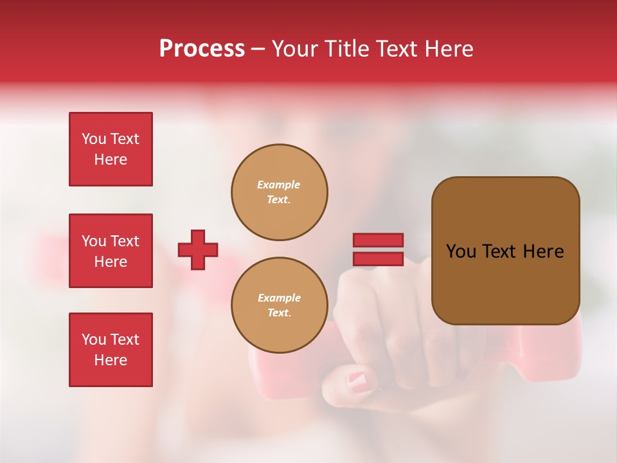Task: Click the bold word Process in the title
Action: pos(202,49)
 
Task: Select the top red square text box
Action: pos(111,149)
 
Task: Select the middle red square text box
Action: pos(111,251)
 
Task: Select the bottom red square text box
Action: pos(111,350)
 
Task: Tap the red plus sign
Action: pos(198,250)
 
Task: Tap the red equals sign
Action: pos(378,250)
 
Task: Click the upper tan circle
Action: pos(279,192)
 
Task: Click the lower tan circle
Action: pos(279,305)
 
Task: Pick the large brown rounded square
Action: pos(505,251)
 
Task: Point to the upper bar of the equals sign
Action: pos(378,241)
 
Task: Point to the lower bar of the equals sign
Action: pos(378,259)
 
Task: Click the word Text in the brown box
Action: pos(500,251)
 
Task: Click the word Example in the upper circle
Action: pos(279,185)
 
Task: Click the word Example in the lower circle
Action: pos(279,298)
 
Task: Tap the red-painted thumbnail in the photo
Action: pos(360,381)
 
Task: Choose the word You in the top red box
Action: pos(94,139)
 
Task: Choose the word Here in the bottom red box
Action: pos(111,360)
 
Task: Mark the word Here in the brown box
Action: pos(543,251)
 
